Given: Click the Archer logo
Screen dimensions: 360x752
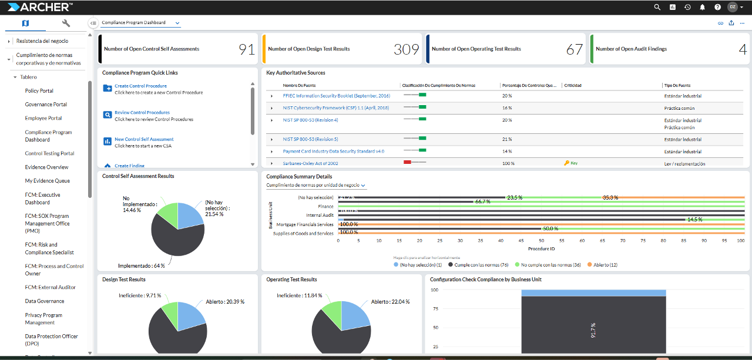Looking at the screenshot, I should tap(40, 7).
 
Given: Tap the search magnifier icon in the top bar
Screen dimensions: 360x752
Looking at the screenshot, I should tap(657, 7).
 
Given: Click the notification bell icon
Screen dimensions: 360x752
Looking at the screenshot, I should tap(702, 7).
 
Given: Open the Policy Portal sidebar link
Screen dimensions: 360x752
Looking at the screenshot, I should tap(39, 91).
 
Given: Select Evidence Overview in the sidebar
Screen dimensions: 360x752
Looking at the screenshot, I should tap(46, 167).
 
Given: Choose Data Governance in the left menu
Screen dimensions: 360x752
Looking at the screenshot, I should tap(45, 301).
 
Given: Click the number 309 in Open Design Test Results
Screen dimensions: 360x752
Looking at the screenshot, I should tap(406, 49).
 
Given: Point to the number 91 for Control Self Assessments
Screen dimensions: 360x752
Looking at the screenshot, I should tap(246, 49).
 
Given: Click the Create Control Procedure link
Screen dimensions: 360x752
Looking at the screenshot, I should tap(140, 86).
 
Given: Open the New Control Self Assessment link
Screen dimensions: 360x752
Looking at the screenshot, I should tap(144, 140).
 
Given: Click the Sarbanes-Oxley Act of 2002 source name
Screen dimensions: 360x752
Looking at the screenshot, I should tap(310, 163).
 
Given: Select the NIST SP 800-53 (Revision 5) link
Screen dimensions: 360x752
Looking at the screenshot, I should tap(310, 140).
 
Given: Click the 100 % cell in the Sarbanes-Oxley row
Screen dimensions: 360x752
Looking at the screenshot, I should tap(508, 163).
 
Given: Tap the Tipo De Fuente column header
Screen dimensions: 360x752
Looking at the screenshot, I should tap(676, 86).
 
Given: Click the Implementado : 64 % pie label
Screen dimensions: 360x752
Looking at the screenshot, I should tap(141, 265).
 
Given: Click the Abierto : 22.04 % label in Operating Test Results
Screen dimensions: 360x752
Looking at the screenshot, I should tap(389, 301).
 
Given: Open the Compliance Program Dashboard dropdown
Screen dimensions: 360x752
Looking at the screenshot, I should tap(140, 23).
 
